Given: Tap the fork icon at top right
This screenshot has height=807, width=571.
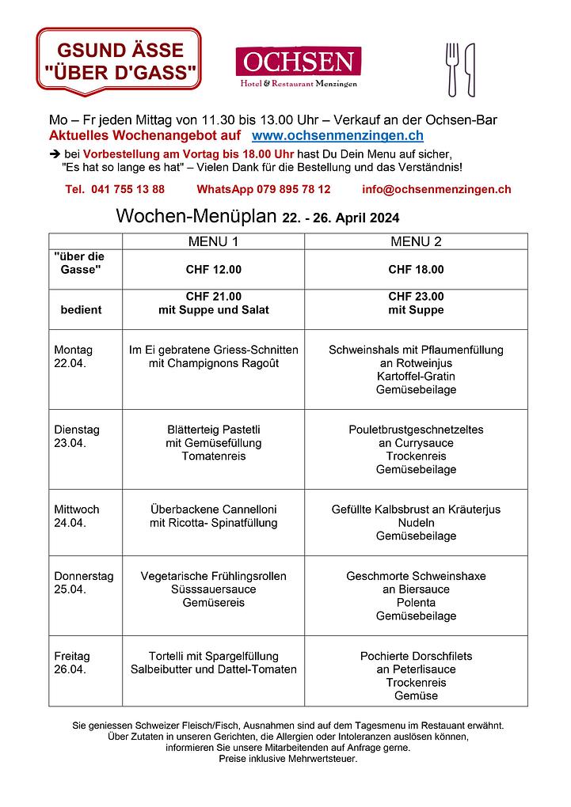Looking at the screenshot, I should pos(452,68).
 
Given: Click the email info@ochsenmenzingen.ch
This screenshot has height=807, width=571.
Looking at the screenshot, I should pos(436,190).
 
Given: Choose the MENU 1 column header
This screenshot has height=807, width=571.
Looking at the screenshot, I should pos(213,241).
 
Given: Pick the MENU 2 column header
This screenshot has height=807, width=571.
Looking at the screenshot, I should pos(416,241).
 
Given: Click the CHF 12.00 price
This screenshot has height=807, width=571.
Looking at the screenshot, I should pos(213,270).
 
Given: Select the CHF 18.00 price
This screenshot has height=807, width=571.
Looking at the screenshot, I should pos(416,270).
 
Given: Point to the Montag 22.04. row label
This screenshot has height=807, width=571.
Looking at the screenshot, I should pos(73,357).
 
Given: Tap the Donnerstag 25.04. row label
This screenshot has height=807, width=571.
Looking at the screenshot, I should pos(83,583).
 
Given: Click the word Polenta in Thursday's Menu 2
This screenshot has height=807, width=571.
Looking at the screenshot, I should pos(416,603).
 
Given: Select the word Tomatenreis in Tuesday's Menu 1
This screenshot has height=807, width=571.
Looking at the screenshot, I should pos(213,457).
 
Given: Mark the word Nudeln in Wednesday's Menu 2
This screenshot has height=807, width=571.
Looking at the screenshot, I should pos(416,523).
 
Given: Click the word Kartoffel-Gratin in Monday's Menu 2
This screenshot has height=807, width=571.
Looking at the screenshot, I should pos(416,377).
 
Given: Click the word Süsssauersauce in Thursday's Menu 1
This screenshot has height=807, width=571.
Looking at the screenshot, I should pos(213,589).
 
